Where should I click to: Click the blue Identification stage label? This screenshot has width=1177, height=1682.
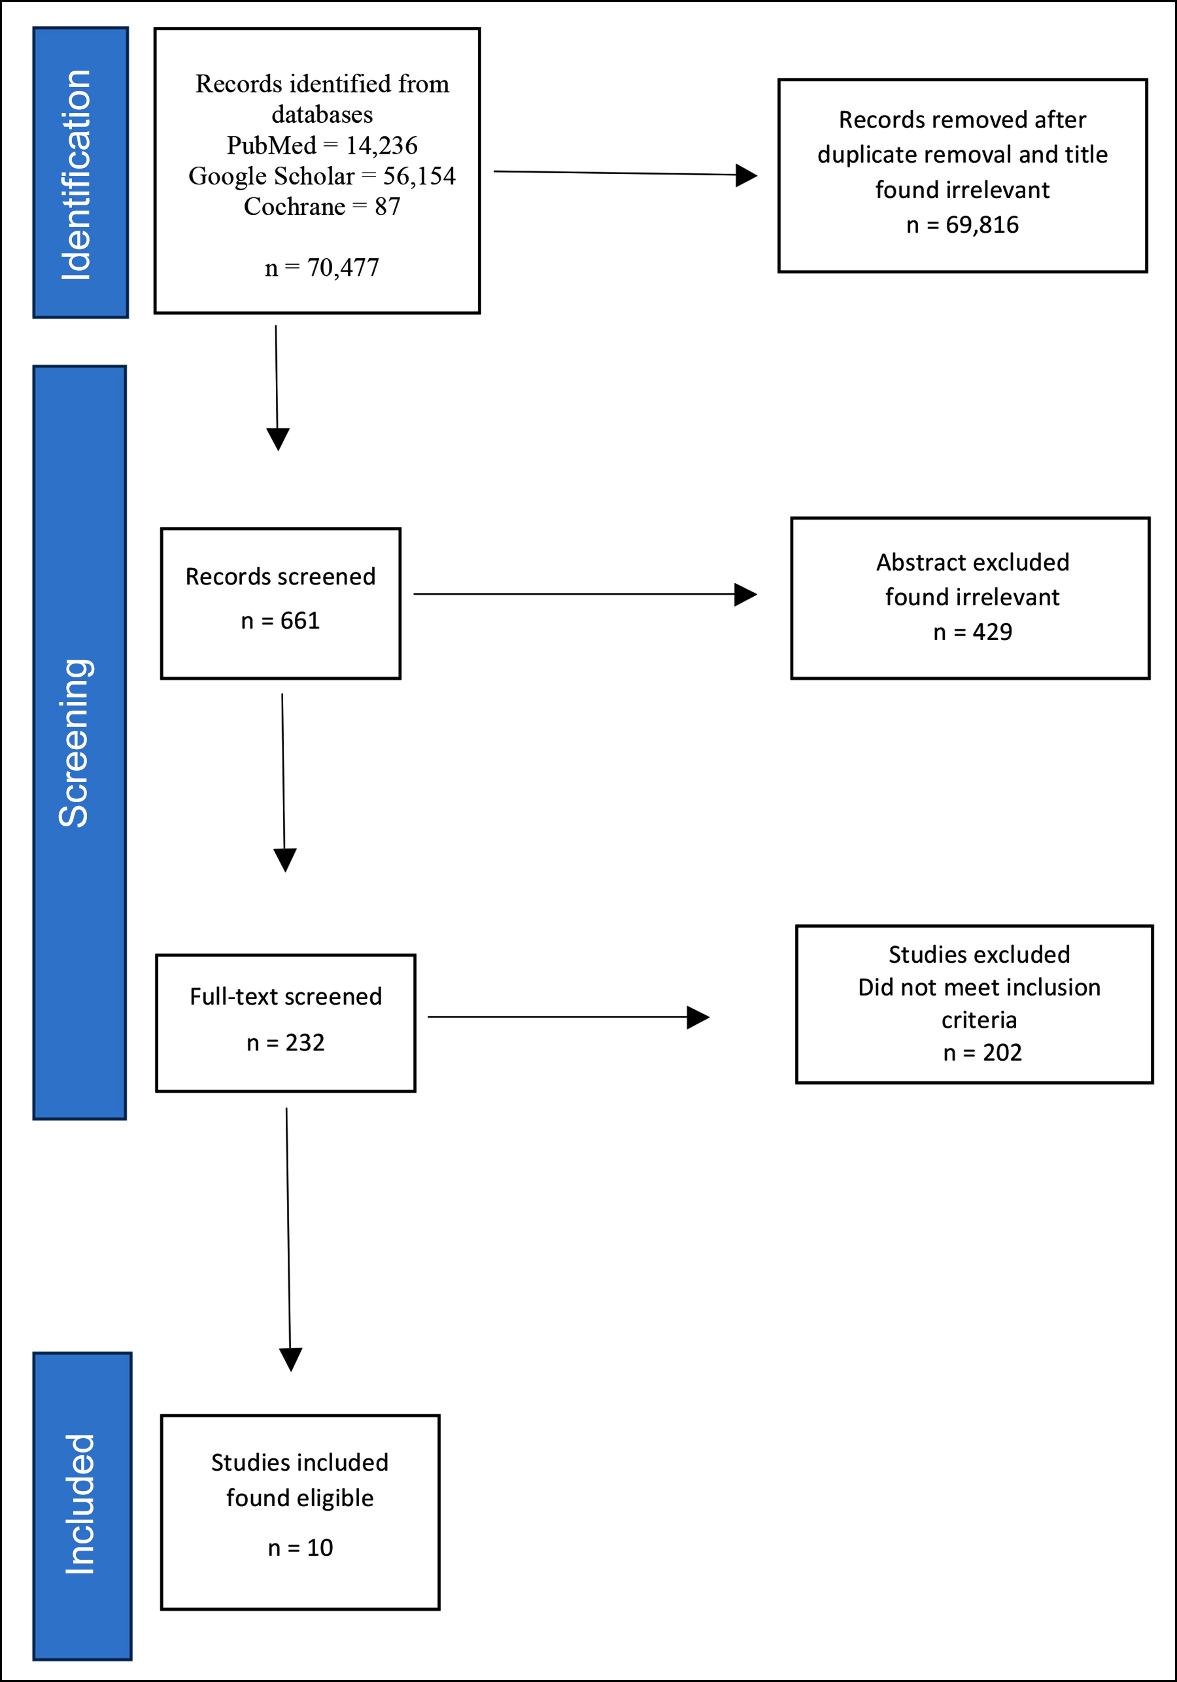click(80, 173)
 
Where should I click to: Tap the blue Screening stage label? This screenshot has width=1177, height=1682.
click(80, 743)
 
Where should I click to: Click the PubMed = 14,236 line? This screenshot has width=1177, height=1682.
click(322, 145)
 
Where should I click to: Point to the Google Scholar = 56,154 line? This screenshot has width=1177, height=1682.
click(322, 176)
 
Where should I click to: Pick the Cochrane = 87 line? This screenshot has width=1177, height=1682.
click(322, 207)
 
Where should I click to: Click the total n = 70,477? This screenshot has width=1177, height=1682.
click(322, 267)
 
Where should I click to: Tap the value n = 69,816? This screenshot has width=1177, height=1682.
click(963, 225)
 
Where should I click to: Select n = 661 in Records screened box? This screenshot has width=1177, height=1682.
click(281, 621)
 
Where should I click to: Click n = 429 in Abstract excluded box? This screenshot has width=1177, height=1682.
click(972, 632)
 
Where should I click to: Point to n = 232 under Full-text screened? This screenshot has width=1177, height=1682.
click(286, 1043)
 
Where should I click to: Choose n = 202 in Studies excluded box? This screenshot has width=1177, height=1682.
click(982, 1052)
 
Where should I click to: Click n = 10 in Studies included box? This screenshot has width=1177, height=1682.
click(301, 1548)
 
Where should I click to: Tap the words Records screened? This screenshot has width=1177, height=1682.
click(281, 577)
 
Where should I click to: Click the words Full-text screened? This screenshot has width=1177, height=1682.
click(286, 996)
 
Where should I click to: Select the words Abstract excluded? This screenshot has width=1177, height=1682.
click(972, 562)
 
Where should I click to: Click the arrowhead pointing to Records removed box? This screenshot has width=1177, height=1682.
click(746, 175)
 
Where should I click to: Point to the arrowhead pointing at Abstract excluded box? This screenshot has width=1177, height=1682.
click(745, 594)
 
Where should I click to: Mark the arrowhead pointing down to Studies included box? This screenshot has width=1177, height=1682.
click(291, 1360)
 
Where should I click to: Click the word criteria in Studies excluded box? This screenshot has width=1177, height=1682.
click(979, 1020)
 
